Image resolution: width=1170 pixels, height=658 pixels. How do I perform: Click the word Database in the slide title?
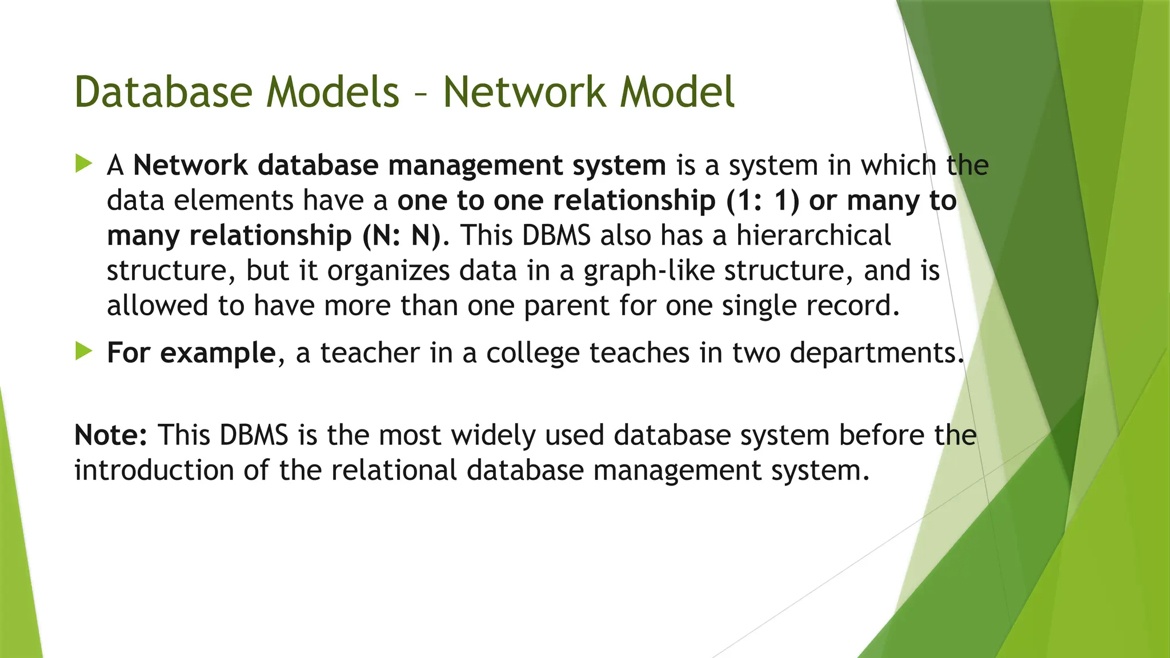(x=163, y=92)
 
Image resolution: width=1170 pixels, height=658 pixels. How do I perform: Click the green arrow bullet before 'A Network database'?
(x=83, y=164)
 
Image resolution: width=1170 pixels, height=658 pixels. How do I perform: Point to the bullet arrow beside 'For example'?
(x=83, y=351)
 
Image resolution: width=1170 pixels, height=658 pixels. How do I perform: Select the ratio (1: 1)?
(x=763, y=201)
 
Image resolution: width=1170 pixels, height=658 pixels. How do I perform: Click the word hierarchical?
(x=814, y=236)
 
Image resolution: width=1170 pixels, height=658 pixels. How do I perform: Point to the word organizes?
(x=388, y=271)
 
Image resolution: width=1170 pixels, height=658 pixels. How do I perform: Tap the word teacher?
(x=370, y=353)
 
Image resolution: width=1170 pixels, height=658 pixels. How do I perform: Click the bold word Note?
(x=111, y=435)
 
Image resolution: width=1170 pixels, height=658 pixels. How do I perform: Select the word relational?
(x=394, y=471)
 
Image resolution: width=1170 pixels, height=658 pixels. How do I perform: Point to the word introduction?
(x=154, y=471)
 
